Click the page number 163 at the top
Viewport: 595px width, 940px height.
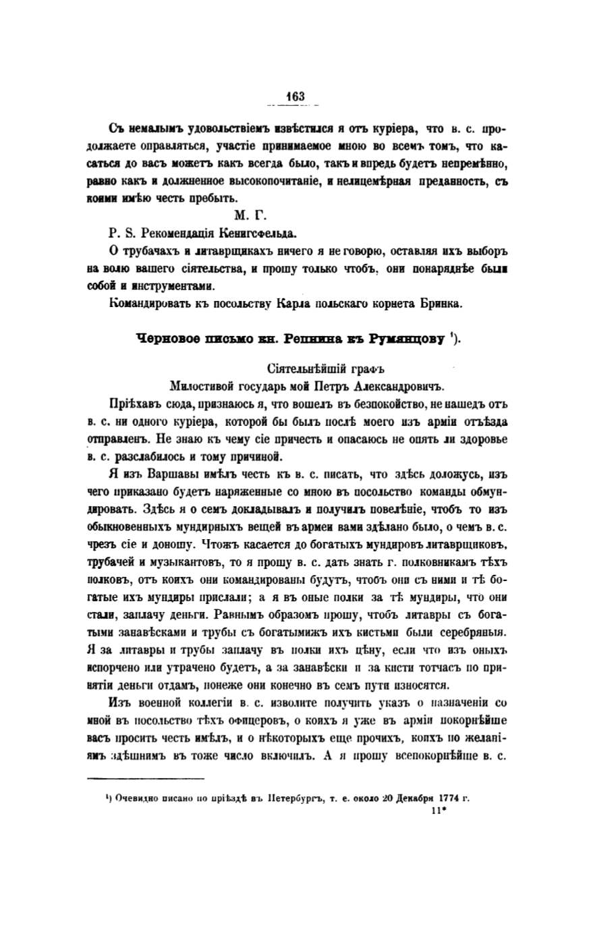click(x=295, y=96)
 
